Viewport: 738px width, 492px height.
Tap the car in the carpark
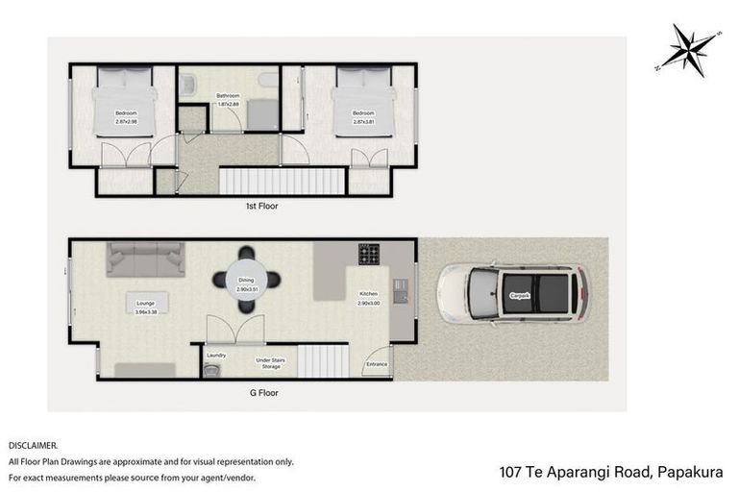pyautogui.click(x=511, y=293)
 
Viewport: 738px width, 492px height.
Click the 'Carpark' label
pyautogui.click(x=520, y=294)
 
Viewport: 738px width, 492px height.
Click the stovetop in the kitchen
pyautogui.click(x=369, y=254)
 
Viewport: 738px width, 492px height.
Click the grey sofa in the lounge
pyautogui.click(x=145, y=259)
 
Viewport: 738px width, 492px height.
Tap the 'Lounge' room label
pyautogui.click(x=145, y=302)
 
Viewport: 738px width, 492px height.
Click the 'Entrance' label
pyautogui.click(x=377, y=364)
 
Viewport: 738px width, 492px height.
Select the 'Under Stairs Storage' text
pyautogui.click(x=269, y=363)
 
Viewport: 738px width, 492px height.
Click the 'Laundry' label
pyautogui.click(x=217, y=355)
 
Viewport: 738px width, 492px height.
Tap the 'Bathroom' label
pyautogui.click(x=228, y=95)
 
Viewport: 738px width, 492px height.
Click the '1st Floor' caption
pyautogui.click(x=261, y=206)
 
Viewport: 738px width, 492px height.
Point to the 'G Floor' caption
pyautogui.click(x=260, y=392)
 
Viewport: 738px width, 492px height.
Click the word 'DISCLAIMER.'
pyautogui.click(x=34, y=446)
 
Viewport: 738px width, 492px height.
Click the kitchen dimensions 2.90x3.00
pyautogui.click(x=369, y=303)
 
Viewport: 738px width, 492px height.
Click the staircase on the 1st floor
pyautogui.click(x=282, y=181)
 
